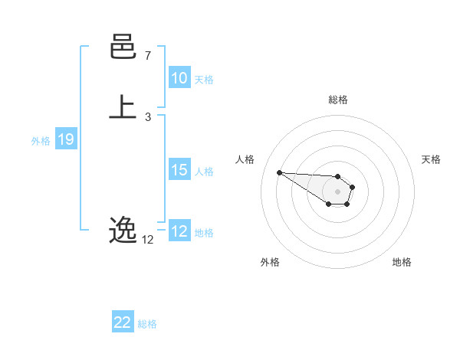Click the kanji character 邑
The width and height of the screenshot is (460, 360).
[x=123, y=50]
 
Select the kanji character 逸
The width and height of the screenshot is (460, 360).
[x=123, y=229]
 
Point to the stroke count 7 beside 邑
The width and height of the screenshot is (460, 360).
[x=147, y=56]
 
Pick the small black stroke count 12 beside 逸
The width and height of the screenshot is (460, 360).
[x=147, y=240]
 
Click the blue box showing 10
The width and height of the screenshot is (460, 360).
[x=179, y=78]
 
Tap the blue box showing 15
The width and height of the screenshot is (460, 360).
[x=179, y=170]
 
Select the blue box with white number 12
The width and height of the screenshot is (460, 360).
[x=179, y=231]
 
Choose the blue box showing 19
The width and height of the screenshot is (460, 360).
[x=66, y=139]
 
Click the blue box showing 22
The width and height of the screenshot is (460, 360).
[x=122, y=323]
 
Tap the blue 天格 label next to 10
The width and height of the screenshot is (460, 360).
[x=204, y=79]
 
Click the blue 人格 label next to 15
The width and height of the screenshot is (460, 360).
[x=204, y=171]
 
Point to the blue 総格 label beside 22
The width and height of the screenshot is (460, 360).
[x=147, y=324]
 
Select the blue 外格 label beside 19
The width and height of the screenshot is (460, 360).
[x=41, y=140]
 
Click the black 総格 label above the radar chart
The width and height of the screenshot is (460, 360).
[x=338, y=100]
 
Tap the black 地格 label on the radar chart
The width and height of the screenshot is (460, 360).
[x=402, y=262]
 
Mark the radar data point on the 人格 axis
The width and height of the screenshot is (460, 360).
[x=279, y=172]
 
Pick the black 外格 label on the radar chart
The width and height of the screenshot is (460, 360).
[x=270, y=262]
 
